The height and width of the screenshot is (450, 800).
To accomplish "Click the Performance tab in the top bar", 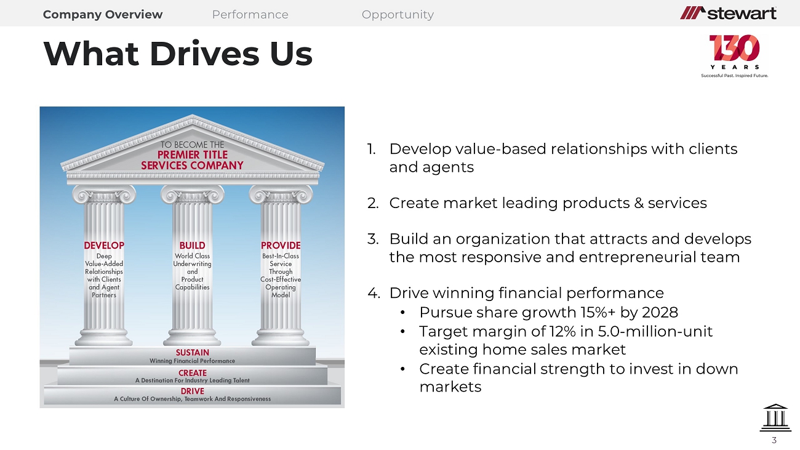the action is click(x=250, y=15).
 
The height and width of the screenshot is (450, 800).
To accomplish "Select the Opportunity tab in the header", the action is click(x=398, y=15).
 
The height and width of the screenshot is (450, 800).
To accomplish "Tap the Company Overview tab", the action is click(x=103, y=15).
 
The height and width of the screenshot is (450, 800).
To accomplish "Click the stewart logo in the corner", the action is click(x=728, y=13).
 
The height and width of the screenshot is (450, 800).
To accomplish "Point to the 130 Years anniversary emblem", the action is click(x=734, y=56).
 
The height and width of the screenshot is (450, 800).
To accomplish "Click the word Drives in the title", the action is click(x=204, y=54).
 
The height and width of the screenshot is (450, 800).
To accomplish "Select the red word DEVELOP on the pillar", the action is click(x=104, y=246).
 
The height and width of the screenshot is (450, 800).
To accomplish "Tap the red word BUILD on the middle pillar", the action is click(x=192, y=246).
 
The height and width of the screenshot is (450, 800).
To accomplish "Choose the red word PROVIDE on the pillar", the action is click(x=281, y=246).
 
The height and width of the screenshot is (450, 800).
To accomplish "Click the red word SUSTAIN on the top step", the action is click(x=193, y=353).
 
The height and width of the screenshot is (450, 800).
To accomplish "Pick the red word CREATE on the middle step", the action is click(x=193, y=373).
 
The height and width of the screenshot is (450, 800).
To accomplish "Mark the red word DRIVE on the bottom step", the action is click(x=193, y=391).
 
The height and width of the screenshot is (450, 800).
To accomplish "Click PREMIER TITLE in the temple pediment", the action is click(x=193, y=155).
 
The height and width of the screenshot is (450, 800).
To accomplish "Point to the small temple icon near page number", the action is click(x=775, y=418).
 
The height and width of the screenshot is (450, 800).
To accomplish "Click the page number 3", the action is click(x=774, y=440).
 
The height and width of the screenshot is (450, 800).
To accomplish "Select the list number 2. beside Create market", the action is click(x=373, y=203).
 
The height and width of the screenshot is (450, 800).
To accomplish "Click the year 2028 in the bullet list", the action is click(x=660, y=313).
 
